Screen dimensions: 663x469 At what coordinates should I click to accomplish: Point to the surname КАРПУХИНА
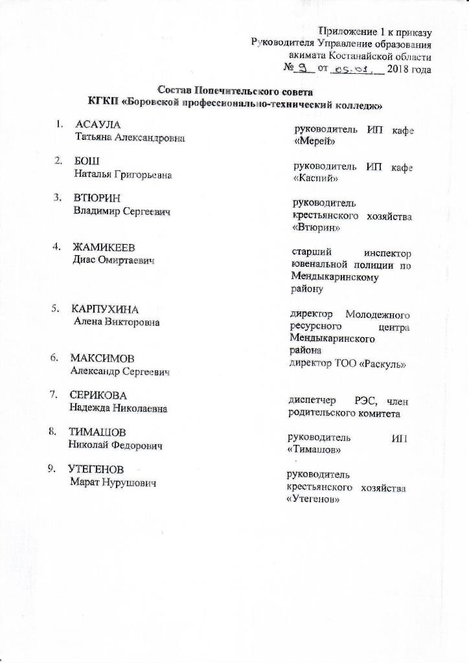point(105,308)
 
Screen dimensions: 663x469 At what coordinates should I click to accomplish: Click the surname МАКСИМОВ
point(103,358)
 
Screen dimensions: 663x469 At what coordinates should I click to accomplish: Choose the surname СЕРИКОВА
point(98,395)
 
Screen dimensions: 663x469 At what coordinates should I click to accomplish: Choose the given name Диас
point(85,260)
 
